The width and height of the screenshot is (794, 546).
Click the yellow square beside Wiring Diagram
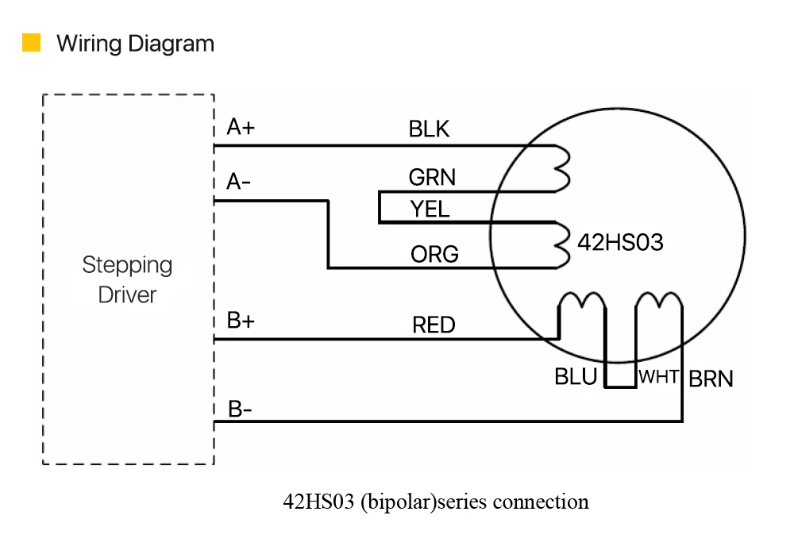coord(32,43)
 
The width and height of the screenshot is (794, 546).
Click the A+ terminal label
coord(241,126)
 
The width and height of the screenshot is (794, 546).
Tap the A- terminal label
coord(238,181)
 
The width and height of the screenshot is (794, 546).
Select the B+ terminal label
coord(241,321)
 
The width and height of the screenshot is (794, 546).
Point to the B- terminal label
coord(240,409)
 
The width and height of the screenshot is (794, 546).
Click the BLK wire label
coord(429,129)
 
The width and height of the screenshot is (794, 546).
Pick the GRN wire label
coord(432,178)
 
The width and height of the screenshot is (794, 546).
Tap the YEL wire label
coord(430,209)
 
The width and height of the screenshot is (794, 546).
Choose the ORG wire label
coord(434,254)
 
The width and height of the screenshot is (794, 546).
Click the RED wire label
coord(434,325)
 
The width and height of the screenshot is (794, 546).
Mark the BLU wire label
coord(576,377)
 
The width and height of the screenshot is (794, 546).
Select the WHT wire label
coord(659,377)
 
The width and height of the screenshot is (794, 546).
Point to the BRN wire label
coord(711,379)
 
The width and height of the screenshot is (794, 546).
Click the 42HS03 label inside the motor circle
coord(620,242)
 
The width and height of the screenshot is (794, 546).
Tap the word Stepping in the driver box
coord(127,265)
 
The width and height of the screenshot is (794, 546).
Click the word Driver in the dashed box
coord(127,295)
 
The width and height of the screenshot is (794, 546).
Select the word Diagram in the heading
coord(172,44)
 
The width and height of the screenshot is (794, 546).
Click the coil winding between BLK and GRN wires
coord(562,168)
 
